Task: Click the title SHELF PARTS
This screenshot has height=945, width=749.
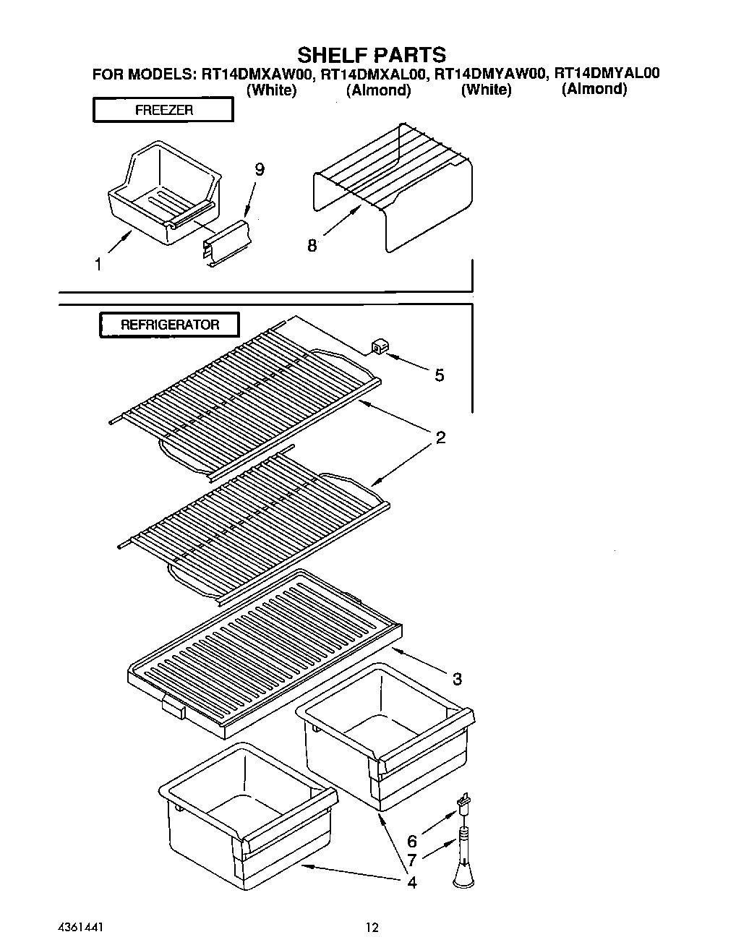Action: click(x=372, y=55)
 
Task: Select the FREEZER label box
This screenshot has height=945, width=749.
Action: click(x=163, y=111)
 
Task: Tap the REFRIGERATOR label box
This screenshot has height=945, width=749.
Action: click(x=169, y=325)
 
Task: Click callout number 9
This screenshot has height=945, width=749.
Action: click(x=259, y=170)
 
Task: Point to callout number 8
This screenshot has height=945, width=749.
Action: click(x=312, y=246)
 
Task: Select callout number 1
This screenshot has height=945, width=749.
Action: click(x=98, y=265)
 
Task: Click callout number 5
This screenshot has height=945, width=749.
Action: click(x=439, y=375)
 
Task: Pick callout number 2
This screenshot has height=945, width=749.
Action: click(x=440, y=437)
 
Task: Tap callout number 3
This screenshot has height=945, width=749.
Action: click(x=457, y=679)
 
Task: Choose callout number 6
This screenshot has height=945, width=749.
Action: click(x=412, y=841)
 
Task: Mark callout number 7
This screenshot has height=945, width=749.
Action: click(x=412, y=860)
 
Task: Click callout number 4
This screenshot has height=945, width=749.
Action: click(x=411, y=882)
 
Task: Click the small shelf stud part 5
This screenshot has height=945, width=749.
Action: click(x=377, y=347)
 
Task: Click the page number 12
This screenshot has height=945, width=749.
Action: click(x=372, y=927)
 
